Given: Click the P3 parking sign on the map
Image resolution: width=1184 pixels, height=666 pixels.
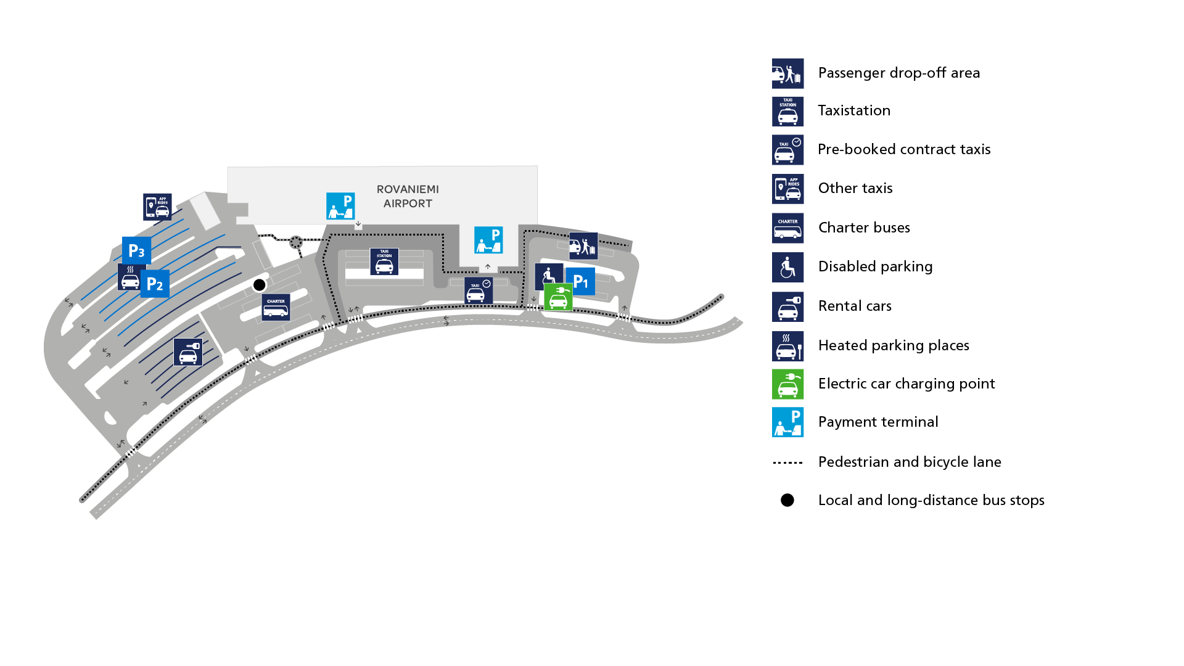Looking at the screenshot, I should (x=136, y=251).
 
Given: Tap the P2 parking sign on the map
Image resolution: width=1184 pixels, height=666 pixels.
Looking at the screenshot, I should (x=155, y=284).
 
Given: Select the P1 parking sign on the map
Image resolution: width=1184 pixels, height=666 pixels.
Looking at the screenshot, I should (x=581, y=282).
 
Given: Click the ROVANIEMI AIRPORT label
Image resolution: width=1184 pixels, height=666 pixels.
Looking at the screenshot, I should (x=408, y=196).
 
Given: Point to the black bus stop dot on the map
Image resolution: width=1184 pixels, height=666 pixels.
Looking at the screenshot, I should (x=260, y=285).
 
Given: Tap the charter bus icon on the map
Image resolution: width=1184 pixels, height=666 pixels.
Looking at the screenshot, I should (x=276, y=307).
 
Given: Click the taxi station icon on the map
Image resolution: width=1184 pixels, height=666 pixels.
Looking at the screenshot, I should (x=384, y=261).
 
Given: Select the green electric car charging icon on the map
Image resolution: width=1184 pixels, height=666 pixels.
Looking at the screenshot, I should (x=558, y=298).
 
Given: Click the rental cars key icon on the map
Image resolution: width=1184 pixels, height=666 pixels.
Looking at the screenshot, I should (x=188, y=352).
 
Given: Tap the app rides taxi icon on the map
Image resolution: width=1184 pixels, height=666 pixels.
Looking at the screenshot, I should (x=157, y=207).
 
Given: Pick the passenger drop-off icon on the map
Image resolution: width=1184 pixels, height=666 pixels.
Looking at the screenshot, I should (x=583, y=246).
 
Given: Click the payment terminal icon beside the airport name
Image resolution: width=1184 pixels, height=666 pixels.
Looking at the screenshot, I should (x=340, y=206).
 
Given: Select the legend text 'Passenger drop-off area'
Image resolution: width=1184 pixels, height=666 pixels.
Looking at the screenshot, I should (x=898, y=73).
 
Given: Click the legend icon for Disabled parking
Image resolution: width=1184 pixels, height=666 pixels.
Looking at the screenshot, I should (x=787, y=267).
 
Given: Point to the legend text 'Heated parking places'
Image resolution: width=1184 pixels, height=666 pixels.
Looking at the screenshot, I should (x=894, y=345).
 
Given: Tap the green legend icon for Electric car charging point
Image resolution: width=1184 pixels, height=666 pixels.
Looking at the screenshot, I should (x=787, y=384).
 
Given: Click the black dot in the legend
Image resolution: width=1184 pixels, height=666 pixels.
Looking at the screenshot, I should (x=787, y=500).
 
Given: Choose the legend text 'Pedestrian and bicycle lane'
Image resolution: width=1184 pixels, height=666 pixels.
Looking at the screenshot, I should (x=910, y=462).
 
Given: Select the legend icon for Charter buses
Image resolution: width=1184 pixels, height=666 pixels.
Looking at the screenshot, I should (x=787, y=228).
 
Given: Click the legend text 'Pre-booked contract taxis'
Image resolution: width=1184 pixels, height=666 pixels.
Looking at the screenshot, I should (x=904, y=149).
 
